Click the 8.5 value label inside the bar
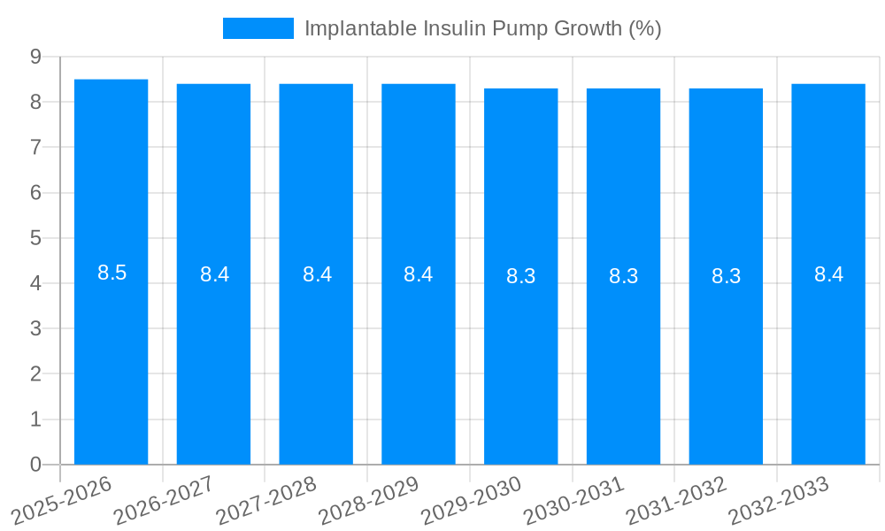(112, 273)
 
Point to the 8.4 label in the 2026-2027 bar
(214, 275)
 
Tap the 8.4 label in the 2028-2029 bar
(419, 275)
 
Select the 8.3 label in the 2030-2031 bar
(623, 277)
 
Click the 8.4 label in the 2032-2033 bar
(828, 275)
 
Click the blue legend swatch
(258, 28)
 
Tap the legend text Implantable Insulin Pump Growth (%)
(482, 28)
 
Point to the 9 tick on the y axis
(35, 57)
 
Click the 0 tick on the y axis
(35, 465)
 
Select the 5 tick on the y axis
(35, 238)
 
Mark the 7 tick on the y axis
(35, 147)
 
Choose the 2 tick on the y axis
(35, 374)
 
